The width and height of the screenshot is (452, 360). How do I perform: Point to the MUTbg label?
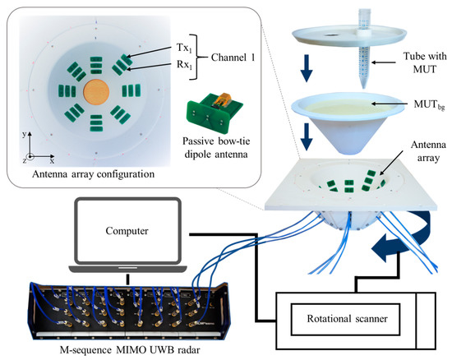pyautogui.click(x=410, y=102)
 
